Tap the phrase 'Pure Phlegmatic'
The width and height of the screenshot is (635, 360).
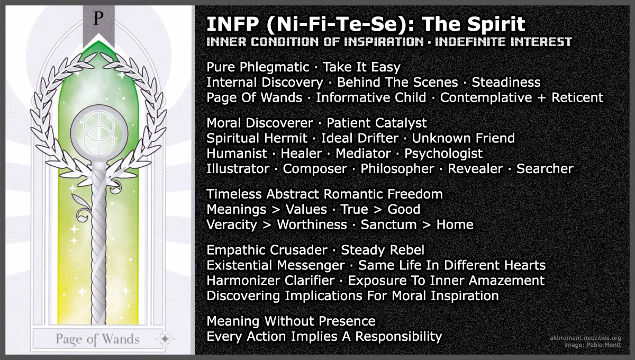pos(258,67)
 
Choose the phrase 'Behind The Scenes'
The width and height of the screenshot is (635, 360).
pos(397,83)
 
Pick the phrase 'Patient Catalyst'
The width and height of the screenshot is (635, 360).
pos(377,123)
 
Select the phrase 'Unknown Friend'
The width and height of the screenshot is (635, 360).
pos(463,139)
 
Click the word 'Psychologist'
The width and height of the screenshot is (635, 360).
pos(443,154)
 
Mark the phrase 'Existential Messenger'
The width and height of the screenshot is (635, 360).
pos(276,265)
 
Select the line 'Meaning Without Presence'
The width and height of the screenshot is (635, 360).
pos(291,321)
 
